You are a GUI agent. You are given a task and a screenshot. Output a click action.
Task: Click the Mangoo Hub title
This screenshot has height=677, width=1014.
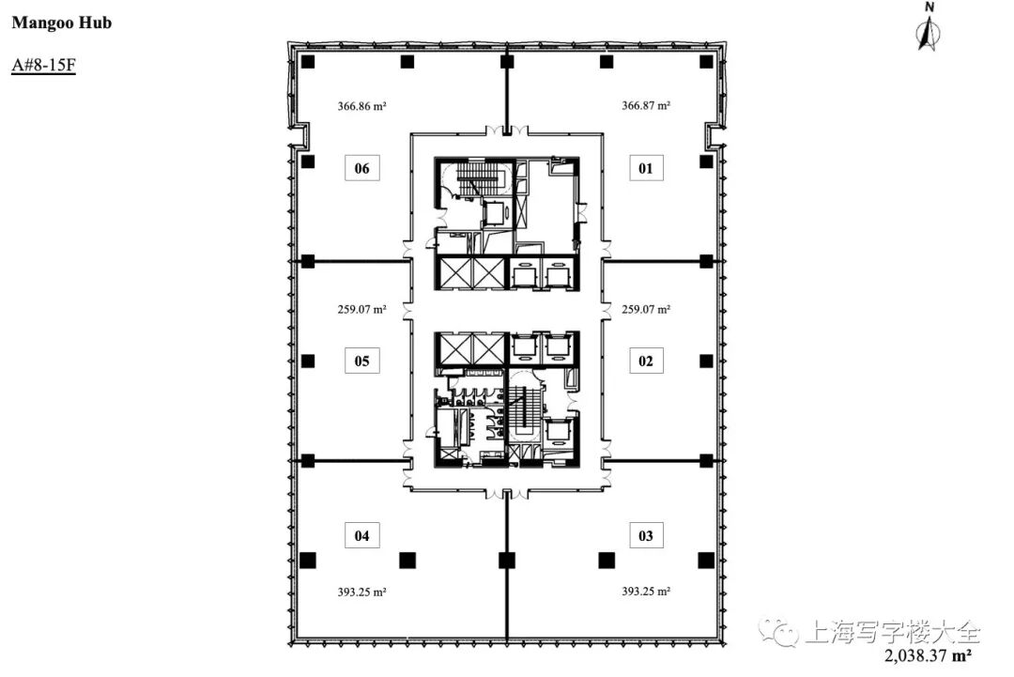(61, 23)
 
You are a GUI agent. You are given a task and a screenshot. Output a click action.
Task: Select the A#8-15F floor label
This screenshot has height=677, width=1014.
(43, 66)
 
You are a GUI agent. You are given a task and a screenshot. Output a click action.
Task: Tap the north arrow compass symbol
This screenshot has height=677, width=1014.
(929, 26)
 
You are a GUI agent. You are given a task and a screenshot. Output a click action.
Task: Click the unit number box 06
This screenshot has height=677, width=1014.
(362, 169)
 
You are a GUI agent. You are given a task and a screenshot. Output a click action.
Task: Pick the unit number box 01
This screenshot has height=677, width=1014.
(646, 169)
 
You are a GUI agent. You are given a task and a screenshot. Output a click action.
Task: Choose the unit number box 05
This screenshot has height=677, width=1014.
(362, 361)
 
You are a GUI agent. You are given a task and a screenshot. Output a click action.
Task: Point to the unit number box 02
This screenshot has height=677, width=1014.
(646, 361)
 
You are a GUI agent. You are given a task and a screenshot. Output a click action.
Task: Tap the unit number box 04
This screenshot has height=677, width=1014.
(362, 535)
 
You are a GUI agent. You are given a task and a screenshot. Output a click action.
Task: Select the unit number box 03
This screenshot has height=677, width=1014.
(646, 535)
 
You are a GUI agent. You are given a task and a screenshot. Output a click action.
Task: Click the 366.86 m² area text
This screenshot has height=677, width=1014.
(362, 106)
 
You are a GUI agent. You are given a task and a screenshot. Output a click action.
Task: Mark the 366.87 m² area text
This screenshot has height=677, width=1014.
(646, 105)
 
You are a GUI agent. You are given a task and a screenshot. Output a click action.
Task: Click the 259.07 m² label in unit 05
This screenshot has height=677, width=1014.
(362, 310)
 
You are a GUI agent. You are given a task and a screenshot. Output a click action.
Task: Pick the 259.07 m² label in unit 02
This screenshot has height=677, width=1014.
(646, 310)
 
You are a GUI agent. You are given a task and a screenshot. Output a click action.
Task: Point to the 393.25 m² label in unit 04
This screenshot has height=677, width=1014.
(362, 592)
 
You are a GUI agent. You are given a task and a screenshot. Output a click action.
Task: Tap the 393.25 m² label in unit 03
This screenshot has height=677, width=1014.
(646, 591)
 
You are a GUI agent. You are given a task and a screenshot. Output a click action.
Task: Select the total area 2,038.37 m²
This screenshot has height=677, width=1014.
(928, 656)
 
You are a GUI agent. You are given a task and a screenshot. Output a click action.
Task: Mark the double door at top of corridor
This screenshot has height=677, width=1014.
(507, 130)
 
